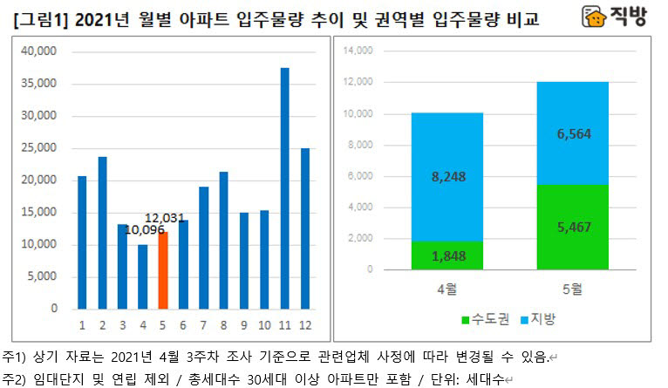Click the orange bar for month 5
pyautogui.click(x=163, y=270)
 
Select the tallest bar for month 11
pyautogui.click(x=284, y=187)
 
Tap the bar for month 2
pyautogui.click(x=102, y=232)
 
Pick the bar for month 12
pyautogui.click(x=304, y=228)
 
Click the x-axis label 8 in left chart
pyautogui.click(x=223, y=325)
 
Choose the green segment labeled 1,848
pyautogui.click(x=446, y=255)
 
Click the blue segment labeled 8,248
pyautogui.click(x=446, y=176)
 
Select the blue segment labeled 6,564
pyautogui.click(x=572, y=133)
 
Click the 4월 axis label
pyautogui.click(x=446, y=288)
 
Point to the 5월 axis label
pyautogui.click(x=572, y=288)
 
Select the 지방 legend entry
pyautogui.click(x=535, y=320)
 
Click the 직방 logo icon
pyautogui.click(x=595, y=17)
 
